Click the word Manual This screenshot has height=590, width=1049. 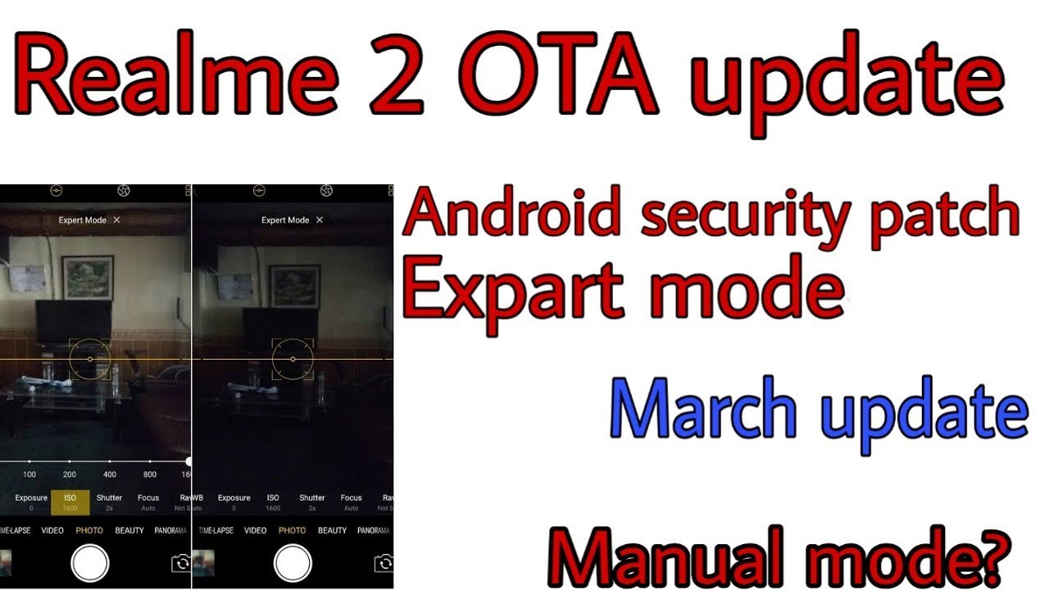[x=672, y=558]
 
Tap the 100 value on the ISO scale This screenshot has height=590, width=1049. [x=30, y=474]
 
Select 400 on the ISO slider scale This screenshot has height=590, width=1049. [x=110, y=474]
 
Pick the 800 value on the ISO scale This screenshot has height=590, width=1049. [x=150, y=474]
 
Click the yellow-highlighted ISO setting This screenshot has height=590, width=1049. [x=70, y=501]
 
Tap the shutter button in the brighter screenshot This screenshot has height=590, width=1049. [x=89, y=563]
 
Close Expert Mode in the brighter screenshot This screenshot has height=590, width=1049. [x=117, y=220]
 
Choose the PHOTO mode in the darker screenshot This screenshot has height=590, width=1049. [x=293, y=530]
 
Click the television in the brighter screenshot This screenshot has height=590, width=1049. [x=74, y=320]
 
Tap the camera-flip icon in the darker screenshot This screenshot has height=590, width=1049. [x=383, y=563]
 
